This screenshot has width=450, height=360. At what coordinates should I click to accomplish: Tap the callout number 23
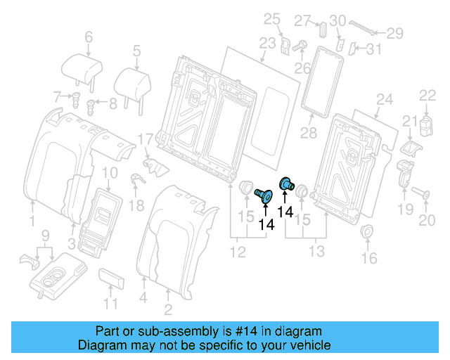coord(266,43)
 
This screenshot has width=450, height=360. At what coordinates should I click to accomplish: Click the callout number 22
coord(428,96)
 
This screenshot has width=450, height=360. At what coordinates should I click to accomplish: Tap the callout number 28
coord(308,134)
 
